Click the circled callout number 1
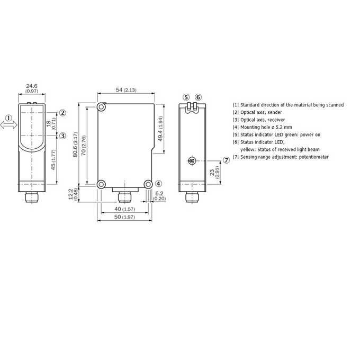tap(8, 118)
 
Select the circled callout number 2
tap(62, 113)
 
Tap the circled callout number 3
tap(62, 136)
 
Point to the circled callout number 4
tap(158, 184)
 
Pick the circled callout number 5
tap(186, 97)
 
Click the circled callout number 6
tap(199, 97)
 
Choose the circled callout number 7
tap(227, 160)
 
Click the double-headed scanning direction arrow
tap(8, 125)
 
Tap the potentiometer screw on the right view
tap(192, 160)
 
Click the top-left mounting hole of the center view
tap(101, 107)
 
